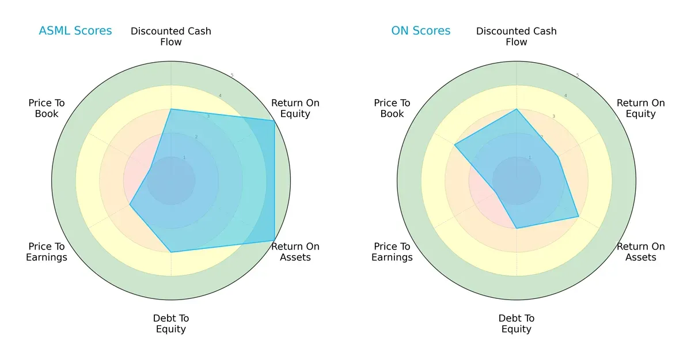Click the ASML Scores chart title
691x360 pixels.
[75, 31]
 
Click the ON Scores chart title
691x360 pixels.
[421, 31]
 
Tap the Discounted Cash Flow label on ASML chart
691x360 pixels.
[171, 36]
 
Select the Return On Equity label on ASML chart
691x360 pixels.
[295, 108]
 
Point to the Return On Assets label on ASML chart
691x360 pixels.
[295, 252]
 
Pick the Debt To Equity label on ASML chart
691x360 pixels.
[171, 324]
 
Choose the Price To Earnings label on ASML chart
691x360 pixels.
[47, 252]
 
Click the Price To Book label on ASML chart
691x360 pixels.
[47, 108]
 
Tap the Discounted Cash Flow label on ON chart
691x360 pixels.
[517, 36]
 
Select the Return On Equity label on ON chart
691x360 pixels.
[641, 108]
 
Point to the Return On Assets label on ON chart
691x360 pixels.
[641, 252]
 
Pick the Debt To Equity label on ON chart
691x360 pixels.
[517, 324]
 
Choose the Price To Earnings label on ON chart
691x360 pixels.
[392, 252]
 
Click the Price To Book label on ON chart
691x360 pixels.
[392, 108]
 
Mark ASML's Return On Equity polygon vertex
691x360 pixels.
[274, 120]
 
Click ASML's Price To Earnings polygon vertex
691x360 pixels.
[130, 204]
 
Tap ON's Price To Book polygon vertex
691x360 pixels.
[454, 145]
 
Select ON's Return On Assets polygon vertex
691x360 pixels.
[578, 217]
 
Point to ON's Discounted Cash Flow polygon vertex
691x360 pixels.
[517, 109]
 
